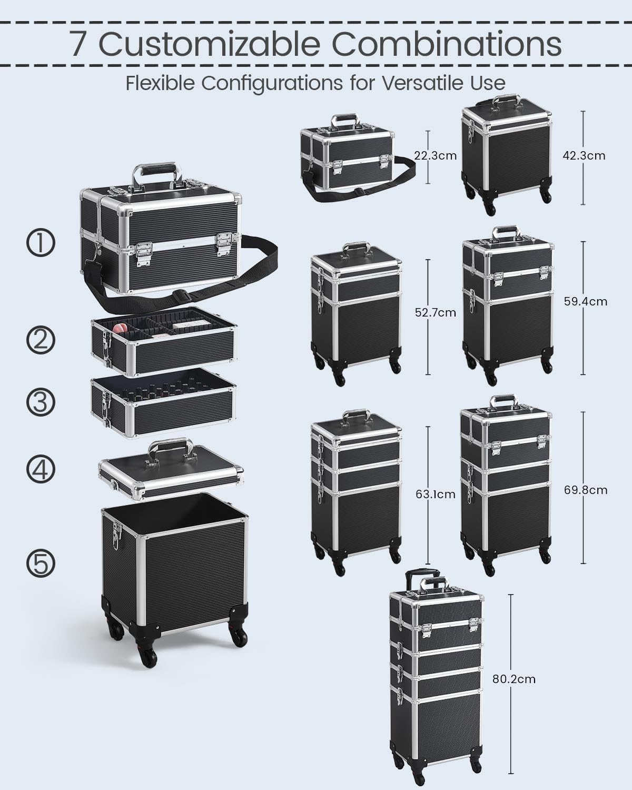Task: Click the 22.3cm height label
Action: [x=435, y=156]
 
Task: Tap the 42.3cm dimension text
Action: [x=584, y=156]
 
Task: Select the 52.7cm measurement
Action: [x=436, y=312]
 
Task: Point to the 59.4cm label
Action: [x=585, y=301]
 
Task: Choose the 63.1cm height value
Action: [x=436, y=494]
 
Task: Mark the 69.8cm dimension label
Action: [x=586, y=490]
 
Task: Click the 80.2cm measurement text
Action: [x=513, y=679]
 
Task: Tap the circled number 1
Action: [x=41, y=243]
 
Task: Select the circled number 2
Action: [x=41, y=340]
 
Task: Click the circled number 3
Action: [x=41, y=402]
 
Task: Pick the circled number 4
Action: [x=41, y=469]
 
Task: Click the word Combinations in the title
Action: [x=447, y=44]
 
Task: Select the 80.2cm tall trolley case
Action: [x=436, y=679]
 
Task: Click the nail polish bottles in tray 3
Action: [x=162, y=393]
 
